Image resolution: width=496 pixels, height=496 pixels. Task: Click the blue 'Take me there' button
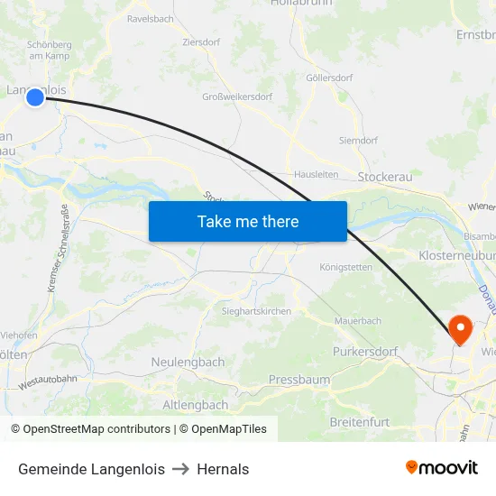(x=248, y=221)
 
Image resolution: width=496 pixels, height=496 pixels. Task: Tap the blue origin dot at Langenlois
(x=34, y=96)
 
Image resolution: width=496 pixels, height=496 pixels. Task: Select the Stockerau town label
(x=385, y=177)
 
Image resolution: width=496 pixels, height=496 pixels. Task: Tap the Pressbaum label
(x=299, y=380)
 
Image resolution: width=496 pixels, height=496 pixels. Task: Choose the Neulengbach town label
(x=188, y=362)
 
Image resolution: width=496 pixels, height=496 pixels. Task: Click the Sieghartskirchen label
(x=256, y=311)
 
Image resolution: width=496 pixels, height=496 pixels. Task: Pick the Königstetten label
(x=345, y=267)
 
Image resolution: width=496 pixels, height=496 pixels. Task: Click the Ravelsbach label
(x=151, y=18)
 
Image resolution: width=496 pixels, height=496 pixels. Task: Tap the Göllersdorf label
(x=329, y=78)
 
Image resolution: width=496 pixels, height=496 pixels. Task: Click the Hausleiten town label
(x=316, y=175)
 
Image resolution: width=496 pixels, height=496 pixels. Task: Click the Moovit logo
(x=441, y=467)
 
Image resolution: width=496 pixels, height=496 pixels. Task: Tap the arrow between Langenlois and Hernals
(x=180, y=469)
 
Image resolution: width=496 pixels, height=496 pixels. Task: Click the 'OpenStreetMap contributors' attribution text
(x=97, y=429)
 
